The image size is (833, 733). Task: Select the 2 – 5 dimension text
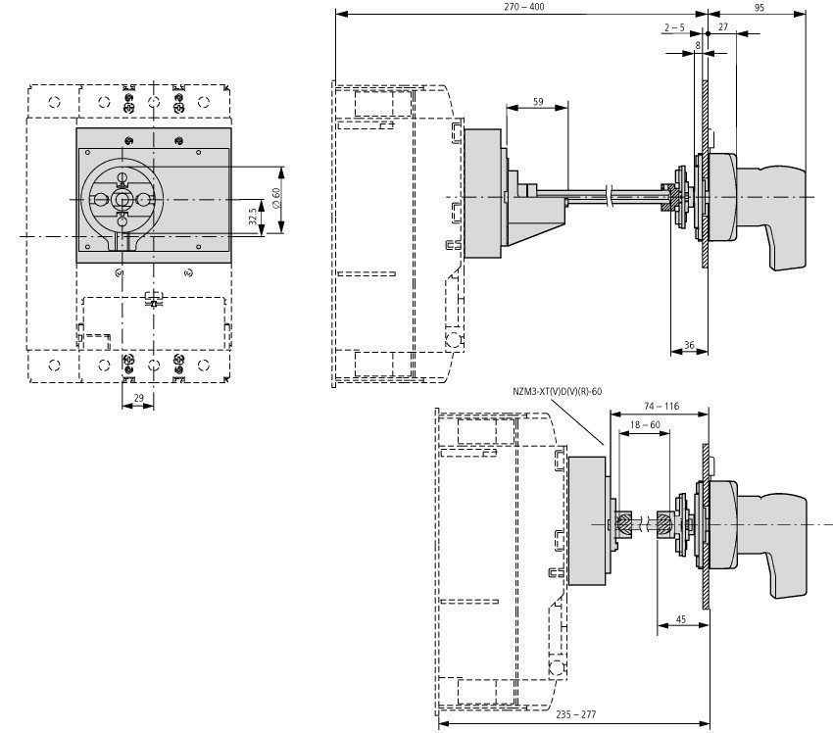pos(673,28)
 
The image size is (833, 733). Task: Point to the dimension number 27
pos(723,28)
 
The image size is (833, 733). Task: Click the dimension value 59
pos(537,101)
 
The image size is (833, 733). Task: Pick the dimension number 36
pos(689,345)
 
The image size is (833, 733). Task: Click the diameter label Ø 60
pos(276,199)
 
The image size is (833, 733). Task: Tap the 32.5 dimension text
pos(253,217)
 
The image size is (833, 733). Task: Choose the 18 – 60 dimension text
pos(644,425)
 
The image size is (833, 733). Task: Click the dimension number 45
pos(679,619)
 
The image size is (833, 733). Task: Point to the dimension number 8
pos(698,46)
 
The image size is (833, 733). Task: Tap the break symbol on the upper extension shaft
pos(612,197)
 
